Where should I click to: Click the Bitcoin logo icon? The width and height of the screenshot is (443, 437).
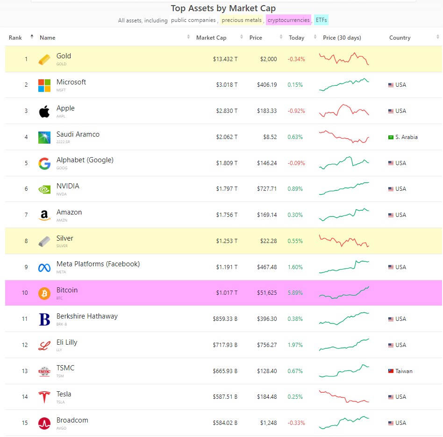[44, 293]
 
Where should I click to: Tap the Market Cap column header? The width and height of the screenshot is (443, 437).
[211, 38]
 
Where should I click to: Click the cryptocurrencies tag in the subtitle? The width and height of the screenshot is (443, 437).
[288, 20]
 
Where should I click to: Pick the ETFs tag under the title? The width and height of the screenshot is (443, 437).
[321, 20]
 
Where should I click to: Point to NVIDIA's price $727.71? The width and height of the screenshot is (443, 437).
[266, 189]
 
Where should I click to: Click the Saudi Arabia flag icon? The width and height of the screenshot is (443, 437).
[391, 137]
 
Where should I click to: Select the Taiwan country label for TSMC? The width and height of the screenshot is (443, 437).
[404, 371]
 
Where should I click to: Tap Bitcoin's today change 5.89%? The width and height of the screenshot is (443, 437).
[295, 293]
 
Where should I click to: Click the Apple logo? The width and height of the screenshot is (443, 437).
[44, 111]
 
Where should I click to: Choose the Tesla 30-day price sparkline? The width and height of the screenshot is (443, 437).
[344, 397]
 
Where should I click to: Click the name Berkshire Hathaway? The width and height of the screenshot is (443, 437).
[87, 316]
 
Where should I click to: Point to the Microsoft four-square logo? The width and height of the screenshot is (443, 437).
[44, 85]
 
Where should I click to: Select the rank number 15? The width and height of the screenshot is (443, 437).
[25, 423]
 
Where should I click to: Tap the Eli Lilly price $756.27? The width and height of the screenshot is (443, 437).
[266, 345]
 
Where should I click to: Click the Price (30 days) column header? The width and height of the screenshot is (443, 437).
[342, 38]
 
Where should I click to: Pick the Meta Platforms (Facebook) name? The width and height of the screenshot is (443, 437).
[98, 264]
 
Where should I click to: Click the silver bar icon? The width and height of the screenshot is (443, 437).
[44, 241]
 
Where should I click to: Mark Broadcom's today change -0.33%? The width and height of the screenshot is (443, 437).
[296, 423]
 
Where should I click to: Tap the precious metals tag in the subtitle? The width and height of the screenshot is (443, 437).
[242, 20]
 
